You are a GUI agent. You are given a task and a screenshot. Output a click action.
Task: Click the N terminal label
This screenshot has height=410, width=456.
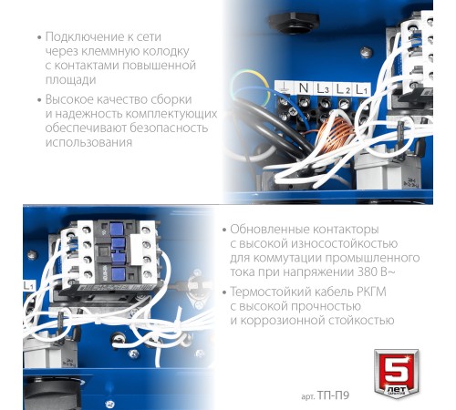[x=304, y=87]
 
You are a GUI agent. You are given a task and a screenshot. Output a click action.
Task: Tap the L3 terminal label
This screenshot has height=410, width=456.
[x=323, y=88]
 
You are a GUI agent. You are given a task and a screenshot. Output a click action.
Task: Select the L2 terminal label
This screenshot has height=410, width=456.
[x=343, y=89]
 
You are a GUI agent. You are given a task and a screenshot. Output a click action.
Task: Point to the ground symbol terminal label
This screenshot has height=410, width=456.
[x=284, y=87]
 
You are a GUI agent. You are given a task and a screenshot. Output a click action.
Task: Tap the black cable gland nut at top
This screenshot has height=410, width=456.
[x=293, y=22]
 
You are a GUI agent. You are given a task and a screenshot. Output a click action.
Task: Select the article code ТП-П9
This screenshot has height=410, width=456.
[x=333, y=395]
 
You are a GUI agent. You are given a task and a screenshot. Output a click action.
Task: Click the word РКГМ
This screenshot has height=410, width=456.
[x=369, y=292]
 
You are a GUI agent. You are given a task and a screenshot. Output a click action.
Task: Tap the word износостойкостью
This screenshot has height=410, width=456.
[x=344, y=243]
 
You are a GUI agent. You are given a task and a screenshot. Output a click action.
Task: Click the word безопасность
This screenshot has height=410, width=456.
[x=169, y=128]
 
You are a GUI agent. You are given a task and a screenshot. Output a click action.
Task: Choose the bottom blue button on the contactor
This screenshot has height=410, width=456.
[x=118, y=274]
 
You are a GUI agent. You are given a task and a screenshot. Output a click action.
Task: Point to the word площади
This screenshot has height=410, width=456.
[x=70, y=80]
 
